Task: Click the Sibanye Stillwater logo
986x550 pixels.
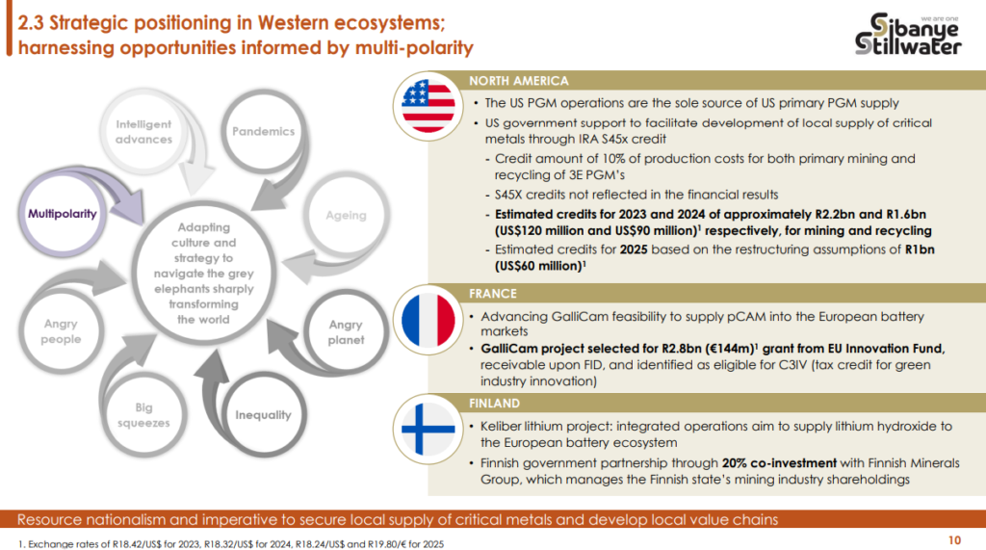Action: pyautogui.click(x=907, y=34)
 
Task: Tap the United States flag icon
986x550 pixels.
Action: pyautogui.click(x=428, y=106)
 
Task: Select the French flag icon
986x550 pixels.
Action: pyautogui.click(x=428, y=320)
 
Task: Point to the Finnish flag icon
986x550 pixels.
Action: pyautogui.click(x=428, y=430)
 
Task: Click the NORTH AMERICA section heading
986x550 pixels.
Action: pyautogui.click(x=519, y=81)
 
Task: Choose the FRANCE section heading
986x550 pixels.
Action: pyautogui.click(x=493, y=293)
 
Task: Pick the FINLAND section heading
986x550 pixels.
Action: pyautogui.click(x=494, y=403)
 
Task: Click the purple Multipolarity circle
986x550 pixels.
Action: pyautogui.click(x=63, y=214)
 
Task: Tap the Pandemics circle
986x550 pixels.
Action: pyautogui.click(x=264, y=131)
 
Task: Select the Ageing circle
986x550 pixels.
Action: pyautogui.click(x=346, y=215)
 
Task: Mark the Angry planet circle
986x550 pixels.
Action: pyautogui.click(x=346, y=332)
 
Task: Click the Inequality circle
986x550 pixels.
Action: pyautogui.click(x=264, y=415)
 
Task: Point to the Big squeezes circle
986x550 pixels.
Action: pyautogui.click(x=143, y=415)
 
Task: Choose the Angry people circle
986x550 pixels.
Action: pyautogui.click(x=61, y=331)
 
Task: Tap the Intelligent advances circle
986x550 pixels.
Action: pyautogui.click(x=143, y=132)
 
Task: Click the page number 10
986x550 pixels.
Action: pyautogui.click(x=954, y=540)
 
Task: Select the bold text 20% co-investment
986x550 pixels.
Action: pyautogui.click(x=779, y=463)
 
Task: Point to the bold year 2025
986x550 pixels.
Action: pyautogui.click(x=634, y=249)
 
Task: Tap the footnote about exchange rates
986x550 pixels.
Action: pyautogui.click(x=231, y=543)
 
